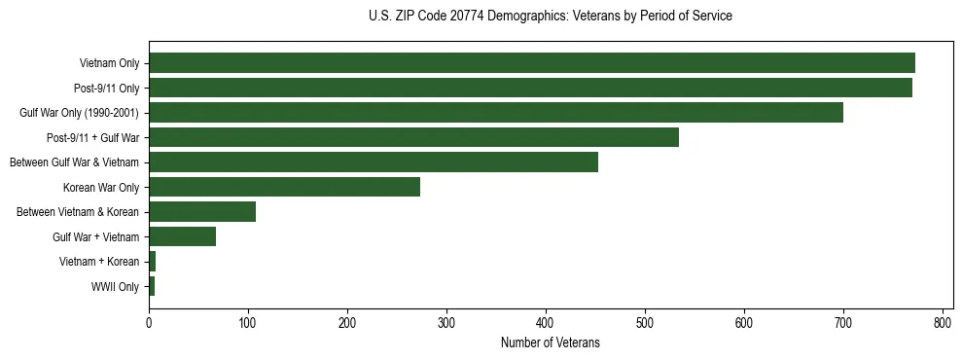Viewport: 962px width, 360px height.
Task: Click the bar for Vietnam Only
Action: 531,63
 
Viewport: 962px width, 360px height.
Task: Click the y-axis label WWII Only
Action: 115,287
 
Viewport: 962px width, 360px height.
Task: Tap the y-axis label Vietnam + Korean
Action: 99,262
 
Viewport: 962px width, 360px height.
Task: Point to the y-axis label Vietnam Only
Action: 109,63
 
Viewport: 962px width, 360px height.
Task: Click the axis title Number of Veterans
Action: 550,343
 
